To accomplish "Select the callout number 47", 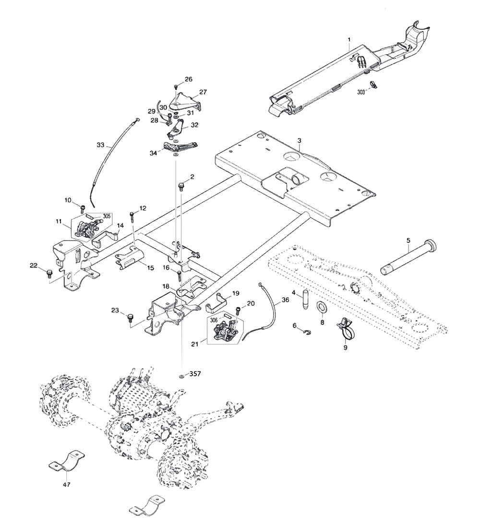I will [x=66, y=485].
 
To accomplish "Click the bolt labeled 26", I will [x=176, y=86].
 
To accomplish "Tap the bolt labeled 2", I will [x=181, y=185].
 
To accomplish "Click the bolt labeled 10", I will [x=82, y=208].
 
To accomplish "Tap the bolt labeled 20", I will [x=239, y=312].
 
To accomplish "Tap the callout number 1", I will [x=349, y=38].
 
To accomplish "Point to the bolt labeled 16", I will [x=180, y=276].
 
